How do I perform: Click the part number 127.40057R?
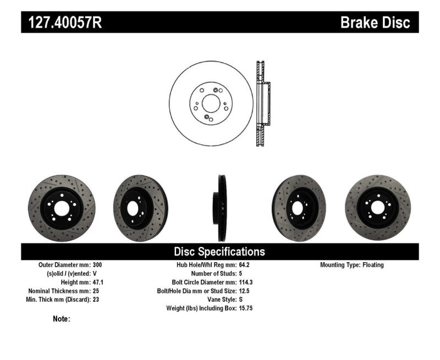click(61, 23)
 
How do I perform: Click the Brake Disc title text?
click(375, 23)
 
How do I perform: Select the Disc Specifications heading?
click(219, 252)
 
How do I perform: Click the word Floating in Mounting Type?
click(373, 265)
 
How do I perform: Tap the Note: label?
click(62, 319)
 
